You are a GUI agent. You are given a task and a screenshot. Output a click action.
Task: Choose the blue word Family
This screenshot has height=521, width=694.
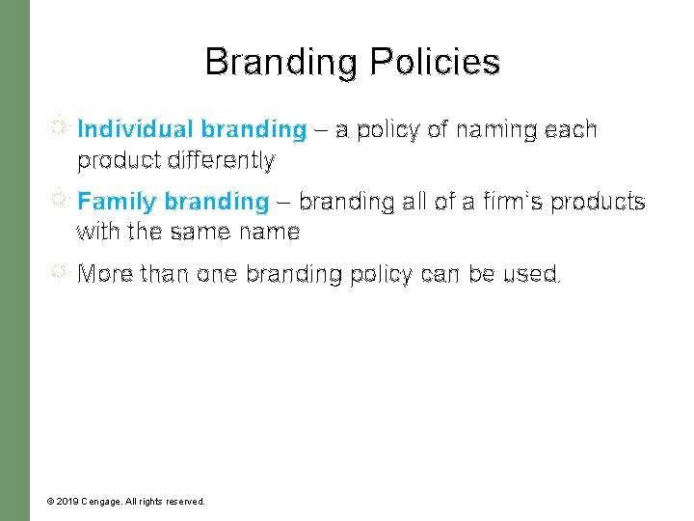click(x=118, y=202)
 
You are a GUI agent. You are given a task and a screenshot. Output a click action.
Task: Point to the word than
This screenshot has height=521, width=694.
click(x=165, y=274)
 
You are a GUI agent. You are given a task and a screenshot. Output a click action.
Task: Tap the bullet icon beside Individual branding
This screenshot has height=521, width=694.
click(x=60, y=125)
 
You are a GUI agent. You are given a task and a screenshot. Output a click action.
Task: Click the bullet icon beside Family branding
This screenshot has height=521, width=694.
click(x=60, y=199)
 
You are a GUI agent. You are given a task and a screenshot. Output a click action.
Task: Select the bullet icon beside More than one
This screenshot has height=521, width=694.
click(x=60, y=271)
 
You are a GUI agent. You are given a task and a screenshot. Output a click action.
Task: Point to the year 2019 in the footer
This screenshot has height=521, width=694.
click(x=67, y=502)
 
